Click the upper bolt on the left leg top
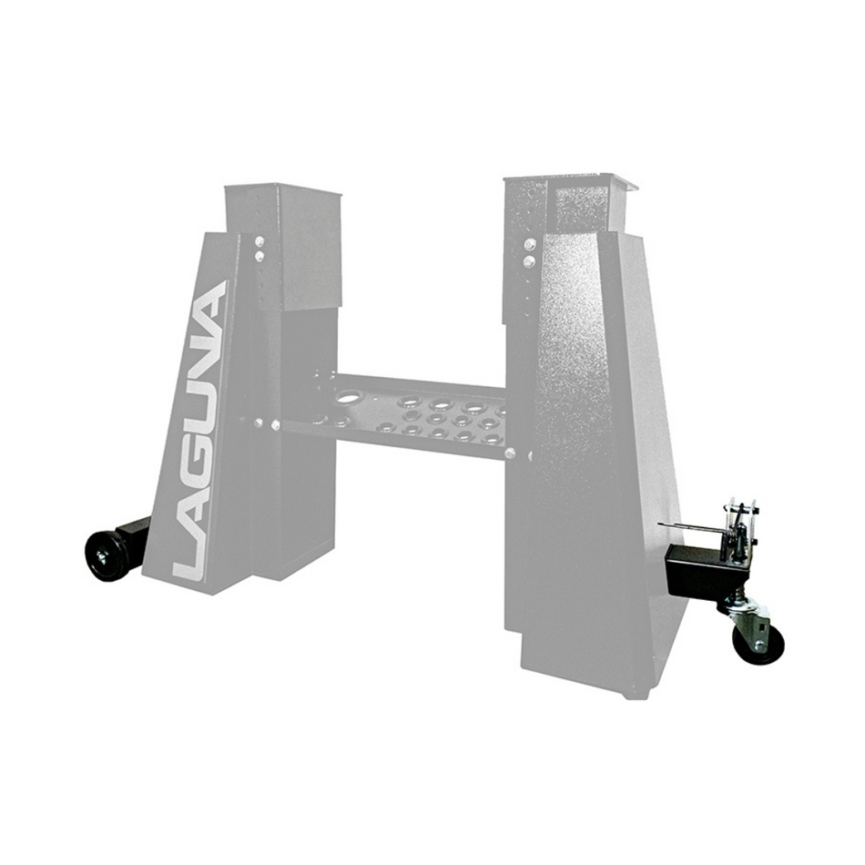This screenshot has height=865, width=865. [259, 242]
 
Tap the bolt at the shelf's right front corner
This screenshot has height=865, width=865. [511, 453]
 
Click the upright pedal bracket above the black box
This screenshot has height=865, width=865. [738, 524]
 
